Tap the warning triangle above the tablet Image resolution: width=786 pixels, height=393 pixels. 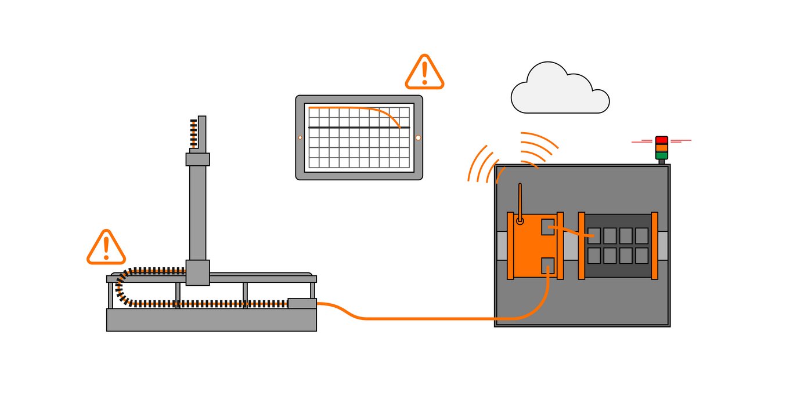point(424,73)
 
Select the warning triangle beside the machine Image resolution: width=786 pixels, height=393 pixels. point(106,248)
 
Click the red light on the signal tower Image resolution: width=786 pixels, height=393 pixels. point(662,140)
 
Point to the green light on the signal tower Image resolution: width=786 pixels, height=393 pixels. point(662,155)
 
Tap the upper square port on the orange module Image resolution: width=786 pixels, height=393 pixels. point(548,227)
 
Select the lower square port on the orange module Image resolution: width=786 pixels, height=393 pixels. point(548,265)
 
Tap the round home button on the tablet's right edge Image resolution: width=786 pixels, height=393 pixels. point(418,137)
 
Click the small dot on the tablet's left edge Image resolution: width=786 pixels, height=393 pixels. point(300,137)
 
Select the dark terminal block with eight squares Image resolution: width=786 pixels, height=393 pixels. point(618,245)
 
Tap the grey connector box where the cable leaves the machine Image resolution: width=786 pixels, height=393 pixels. point(302,303)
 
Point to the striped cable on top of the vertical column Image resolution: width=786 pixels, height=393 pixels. point(194,133)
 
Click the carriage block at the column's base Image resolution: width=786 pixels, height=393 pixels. point(197,272)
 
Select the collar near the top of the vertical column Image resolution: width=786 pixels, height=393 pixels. point(197,159)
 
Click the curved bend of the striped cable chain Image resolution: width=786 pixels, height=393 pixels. point(120,286)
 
